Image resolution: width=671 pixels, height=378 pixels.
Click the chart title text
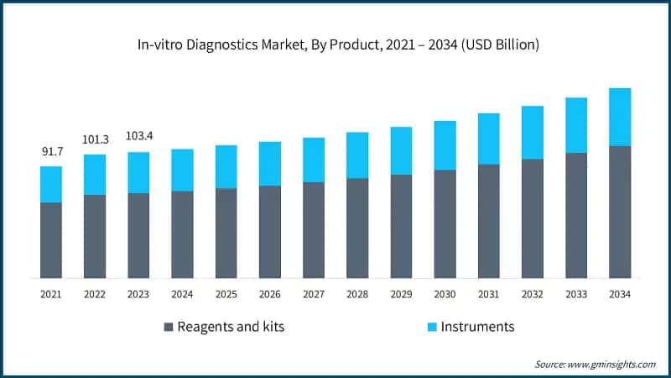pyautogui.click(x=335, y=45)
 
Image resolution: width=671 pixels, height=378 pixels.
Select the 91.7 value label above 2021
pyautogui.click(x=51, y=152)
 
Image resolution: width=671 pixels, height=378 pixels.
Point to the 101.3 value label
pyautogui.click(x=95, y=139)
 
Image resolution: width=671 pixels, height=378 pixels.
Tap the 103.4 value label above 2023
pyautogui.click(x=138, y=136)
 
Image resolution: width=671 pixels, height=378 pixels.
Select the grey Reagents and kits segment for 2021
pyautogui.click(x=51, y=239)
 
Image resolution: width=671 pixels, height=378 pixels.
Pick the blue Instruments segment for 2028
pyautogui.click(x=357, y=155)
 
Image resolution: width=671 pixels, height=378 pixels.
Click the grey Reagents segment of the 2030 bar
pyautogui.click(x=445, y=223)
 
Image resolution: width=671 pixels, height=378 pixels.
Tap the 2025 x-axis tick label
pyautogui.click(x=226, y=294)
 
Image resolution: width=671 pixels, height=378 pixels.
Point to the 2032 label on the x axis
pyautogui.click(x=532, y=294)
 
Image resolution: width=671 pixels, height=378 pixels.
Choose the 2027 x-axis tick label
pyautogui.click(x=314, y=294)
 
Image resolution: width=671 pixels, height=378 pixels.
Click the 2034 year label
pyautogui.click(x=619, y=294)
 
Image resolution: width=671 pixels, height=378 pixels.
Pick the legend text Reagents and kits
pyautogui.click(x=231, y=327)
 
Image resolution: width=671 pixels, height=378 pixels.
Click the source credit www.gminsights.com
pyautogui.click(x=595, y=364)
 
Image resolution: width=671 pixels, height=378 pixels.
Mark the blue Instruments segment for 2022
pyautogui.click(x=95, y=175)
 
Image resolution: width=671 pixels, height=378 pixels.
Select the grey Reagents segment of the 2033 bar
pyautogui.click(x=575, y=215)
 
